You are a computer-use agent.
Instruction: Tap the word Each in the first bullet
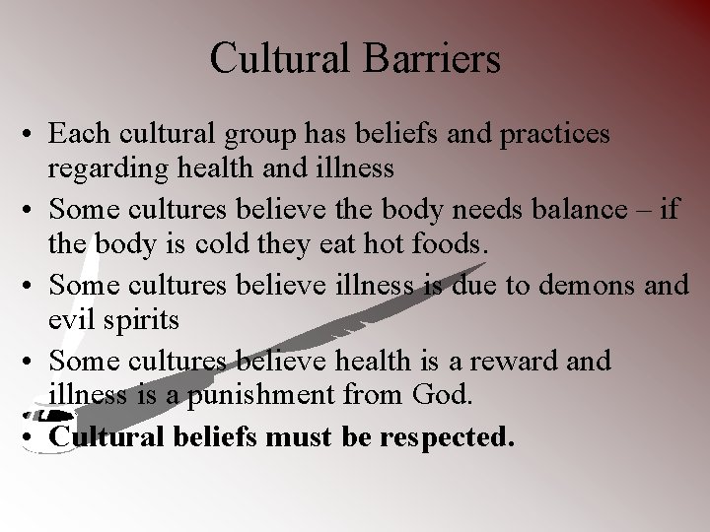(x=77, y=133)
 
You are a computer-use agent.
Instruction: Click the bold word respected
(x=452, y=436)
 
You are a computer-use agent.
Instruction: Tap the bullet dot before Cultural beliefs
(x=34, y=436)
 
